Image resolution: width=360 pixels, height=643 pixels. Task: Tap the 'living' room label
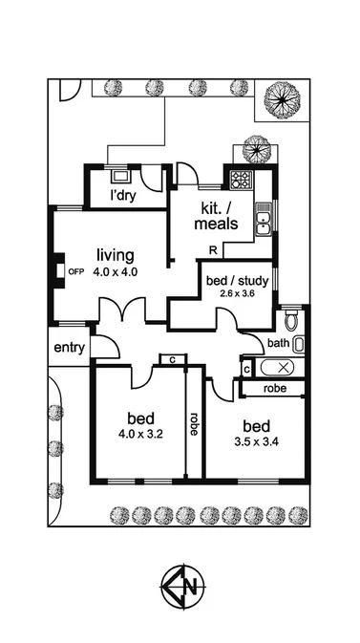(x=116, y=255)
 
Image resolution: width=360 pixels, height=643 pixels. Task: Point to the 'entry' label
(x=70, y=347)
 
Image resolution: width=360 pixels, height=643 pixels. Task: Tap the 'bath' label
(x=278, y=343)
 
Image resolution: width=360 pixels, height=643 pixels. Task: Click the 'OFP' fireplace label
(x=76, y=271)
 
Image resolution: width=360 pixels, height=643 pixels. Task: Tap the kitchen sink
(x=263, y=225)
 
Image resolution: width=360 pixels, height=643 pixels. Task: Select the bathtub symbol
(x=280, y=367)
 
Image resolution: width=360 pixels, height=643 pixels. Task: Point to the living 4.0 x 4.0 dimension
(x=116, y=271)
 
